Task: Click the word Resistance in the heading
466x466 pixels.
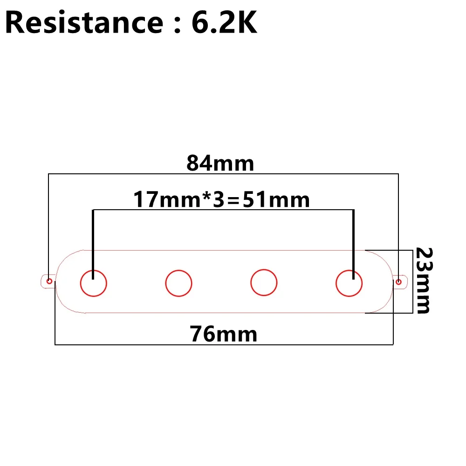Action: coord(84,22)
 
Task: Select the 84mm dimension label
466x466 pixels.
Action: coord(220,163)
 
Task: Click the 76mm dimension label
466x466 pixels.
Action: coord(224,334)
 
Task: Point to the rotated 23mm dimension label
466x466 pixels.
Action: coord(424,280)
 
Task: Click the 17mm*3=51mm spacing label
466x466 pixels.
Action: coord(221,199)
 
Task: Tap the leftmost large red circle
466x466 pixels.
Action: coord(94,283)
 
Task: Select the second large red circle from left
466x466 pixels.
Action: coord(178,283)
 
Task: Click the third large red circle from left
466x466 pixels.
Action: coord(264,283)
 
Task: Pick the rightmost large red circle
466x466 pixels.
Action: coord(349,283)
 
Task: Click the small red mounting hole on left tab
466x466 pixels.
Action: coord(49,281)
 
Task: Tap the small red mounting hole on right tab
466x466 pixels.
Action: coord(398,282)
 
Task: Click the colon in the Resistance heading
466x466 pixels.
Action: coord(178,26)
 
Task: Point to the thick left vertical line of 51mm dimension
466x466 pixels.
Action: coord(93,245)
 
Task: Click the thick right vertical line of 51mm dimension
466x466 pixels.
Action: coord(353,245)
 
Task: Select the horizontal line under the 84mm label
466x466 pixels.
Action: coord(223,174)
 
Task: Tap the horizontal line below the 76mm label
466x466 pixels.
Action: coord(224,345)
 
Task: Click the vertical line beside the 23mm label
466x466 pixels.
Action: coord(412,282)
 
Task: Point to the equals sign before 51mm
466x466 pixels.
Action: coord(233,200)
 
